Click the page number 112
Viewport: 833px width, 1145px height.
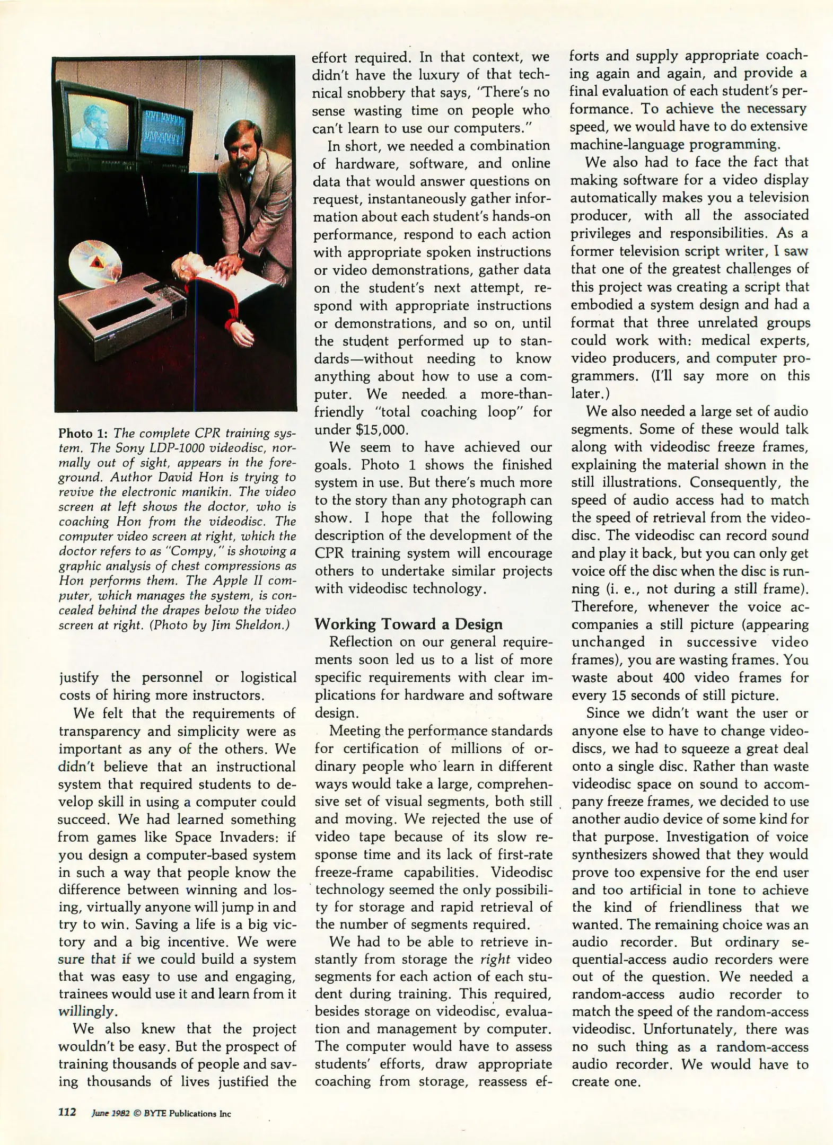67,1112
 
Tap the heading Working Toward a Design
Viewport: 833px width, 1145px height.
408,623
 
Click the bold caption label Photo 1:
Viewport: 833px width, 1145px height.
83,433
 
